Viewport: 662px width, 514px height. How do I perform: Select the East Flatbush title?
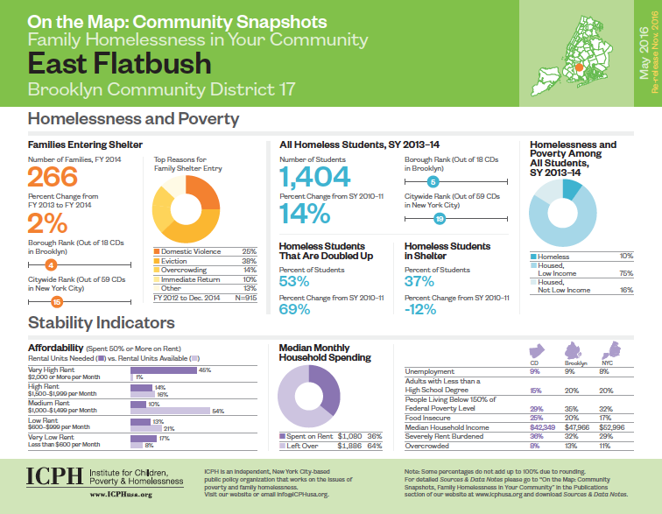click(x=120, y=63)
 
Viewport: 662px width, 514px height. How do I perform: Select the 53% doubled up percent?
click(x=295, y=282)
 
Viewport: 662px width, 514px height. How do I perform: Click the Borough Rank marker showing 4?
click(x=51, y=264)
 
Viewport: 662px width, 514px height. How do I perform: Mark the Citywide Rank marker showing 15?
click(x=56, y=301)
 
